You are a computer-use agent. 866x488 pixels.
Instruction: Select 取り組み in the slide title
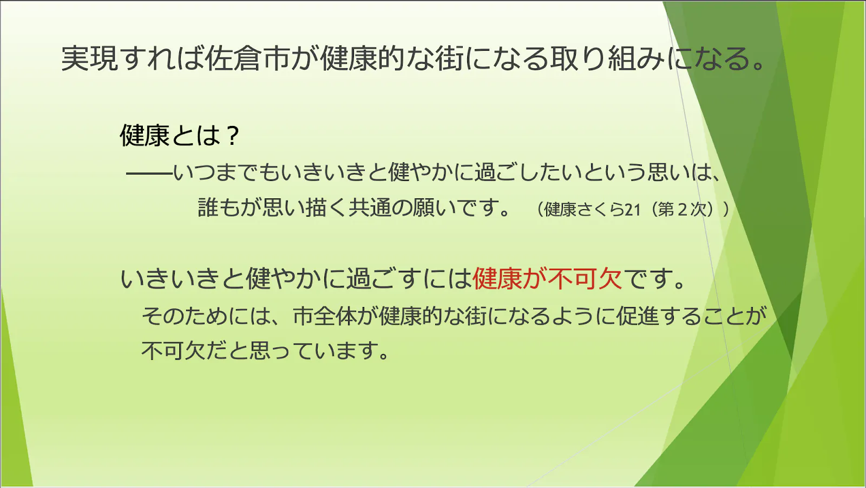606,58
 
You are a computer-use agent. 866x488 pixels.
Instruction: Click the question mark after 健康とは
233,136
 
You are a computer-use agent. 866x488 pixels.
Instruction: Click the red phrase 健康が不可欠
547,278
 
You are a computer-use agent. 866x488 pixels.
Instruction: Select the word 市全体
324,316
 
